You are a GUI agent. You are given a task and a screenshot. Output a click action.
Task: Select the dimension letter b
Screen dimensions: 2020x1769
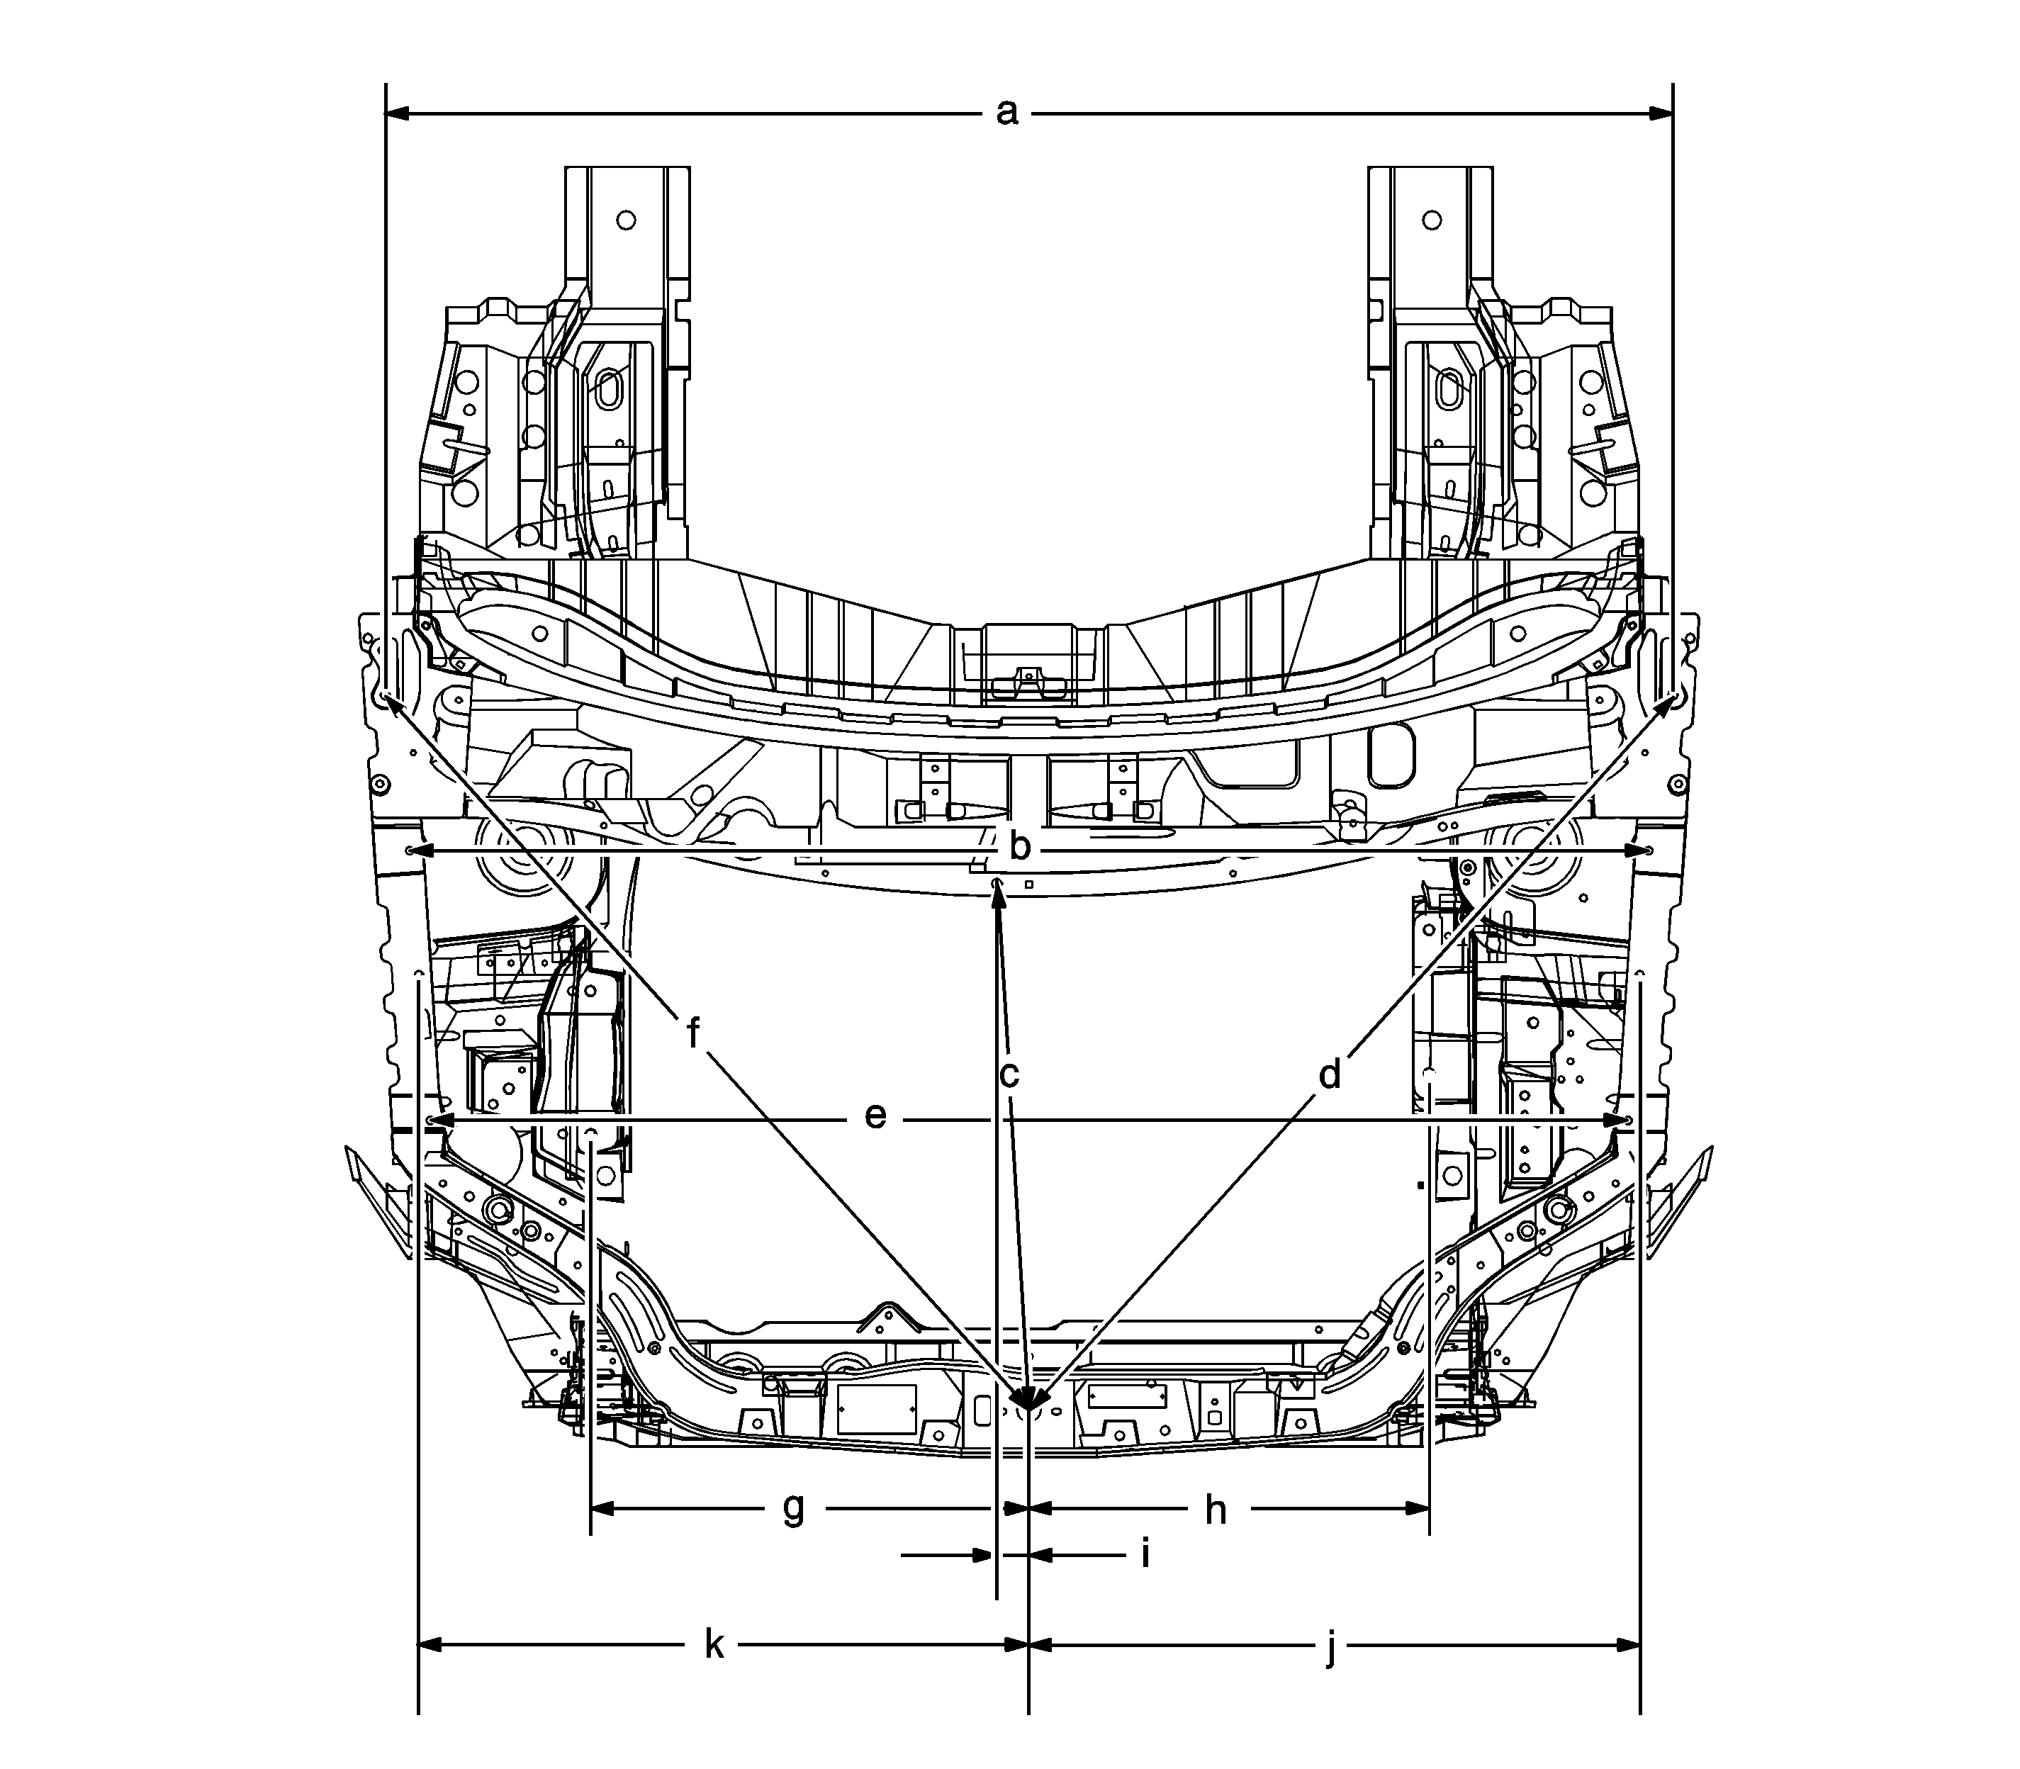(x=1020, y=846)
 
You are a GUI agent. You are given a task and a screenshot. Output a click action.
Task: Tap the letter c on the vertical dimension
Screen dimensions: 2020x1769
(x=1008, y=1075)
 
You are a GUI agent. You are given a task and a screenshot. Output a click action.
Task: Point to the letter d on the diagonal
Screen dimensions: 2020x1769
(x=1330, y=1073)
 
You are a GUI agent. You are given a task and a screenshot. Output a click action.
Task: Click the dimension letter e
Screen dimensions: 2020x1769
(x=875, y=1116)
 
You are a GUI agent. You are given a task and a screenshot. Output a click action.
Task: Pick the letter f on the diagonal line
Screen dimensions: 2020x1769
(x=693, y=1033)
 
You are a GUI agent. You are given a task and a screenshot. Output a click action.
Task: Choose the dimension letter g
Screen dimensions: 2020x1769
(x=794, y=1510)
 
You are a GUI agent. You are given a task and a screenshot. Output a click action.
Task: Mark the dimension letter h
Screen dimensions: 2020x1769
(x=1216, y=1510)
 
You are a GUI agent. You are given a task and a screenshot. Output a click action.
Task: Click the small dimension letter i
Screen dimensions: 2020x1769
(x=1145, y=1553)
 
